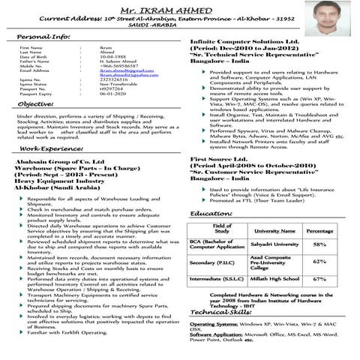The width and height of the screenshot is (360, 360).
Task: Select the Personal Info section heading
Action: click(x=44, y=37)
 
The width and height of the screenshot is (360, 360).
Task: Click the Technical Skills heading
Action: click(x=220, y=312)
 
